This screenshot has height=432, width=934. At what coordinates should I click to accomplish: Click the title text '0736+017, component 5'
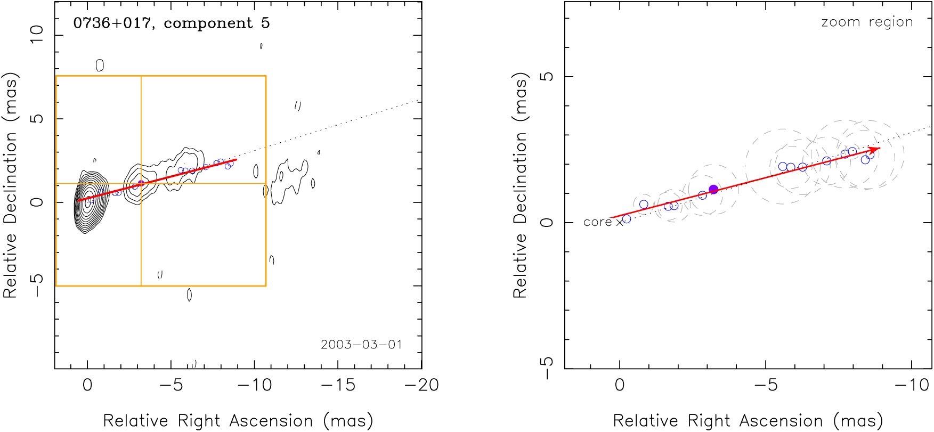[x=171, y=23]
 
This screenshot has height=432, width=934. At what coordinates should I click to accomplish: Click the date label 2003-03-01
[x=361, y=345]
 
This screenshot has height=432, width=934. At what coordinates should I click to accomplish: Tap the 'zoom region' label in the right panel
[x=867, y=22]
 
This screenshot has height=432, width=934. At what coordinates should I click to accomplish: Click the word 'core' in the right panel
[x=597, y=222]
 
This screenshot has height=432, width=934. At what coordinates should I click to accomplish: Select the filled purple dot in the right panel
[x=713, y=190]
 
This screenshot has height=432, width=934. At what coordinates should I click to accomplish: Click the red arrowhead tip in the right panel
[x=880, y=148]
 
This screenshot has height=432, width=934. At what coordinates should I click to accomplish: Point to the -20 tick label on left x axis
[x=421, y=385]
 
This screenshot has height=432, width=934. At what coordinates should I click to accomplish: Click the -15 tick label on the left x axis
[x=338, y=385]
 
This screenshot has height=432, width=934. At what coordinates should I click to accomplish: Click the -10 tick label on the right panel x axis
[x=914, y=385]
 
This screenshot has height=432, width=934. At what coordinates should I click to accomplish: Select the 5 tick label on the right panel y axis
[x=547, y=77]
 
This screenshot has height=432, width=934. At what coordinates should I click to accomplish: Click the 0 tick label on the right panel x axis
[x=620, y=385]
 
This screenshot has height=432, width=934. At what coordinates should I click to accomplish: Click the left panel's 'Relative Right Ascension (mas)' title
[x=238, y=421]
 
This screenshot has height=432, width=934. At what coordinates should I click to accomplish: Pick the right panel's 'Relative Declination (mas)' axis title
[x=519, y=185]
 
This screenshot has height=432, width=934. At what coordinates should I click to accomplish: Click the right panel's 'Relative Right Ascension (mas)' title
[x=748, y=421]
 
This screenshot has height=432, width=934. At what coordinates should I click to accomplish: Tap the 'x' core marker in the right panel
[x=620, y=223]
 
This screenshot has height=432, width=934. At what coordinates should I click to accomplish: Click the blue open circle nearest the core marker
[x=627, y=219]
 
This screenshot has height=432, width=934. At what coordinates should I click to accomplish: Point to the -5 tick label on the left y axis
[x=36, y=286]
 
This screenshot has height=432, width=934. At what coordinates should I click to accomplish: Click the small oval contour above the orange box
[x=100, y=66]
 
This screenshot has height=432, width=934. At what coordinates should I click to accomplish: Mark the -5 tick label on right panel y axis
[x=547, y=368]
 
